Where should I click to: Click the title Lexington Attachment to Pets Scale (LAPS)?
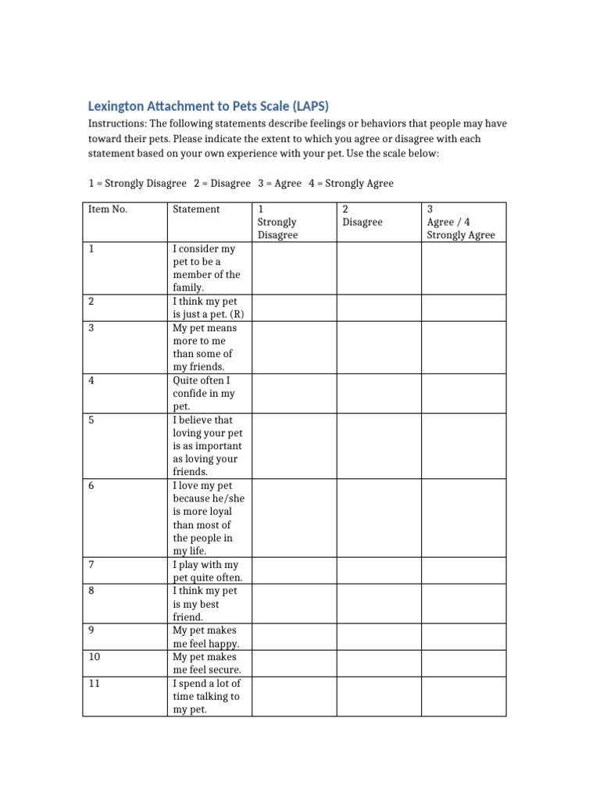pos(208,106)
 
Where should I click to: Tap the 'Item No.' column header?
pos(108,209)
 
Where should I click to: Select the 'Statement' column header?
pos(196,209)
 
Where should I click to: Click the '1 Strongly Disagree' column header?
pos(277,222)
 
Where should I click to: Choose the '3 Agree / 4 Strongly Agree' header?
pos(461,222)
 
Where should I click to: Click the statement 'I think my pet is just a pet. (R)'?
pos(205,308)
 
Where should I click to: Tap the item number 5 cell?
pos(125,446)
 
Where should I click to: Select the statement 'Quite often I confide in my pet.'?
pos(203,394)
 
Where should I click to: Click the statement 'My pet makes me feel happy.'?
pos(205,637)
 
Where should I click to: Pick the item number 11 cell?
pos(125,696)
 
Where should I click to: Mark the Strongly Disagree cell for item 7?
pos(294,571)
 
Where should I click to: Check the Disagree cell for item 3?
pos(379,347)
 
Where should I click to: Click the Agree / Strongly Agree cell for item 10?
pos(464,663)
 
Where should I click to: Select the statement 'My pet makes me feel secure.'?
pos(206,663)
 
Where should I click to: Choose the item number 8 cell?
pos(125,604)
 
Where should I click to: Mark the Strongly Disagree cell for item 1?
pos(294,268)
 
